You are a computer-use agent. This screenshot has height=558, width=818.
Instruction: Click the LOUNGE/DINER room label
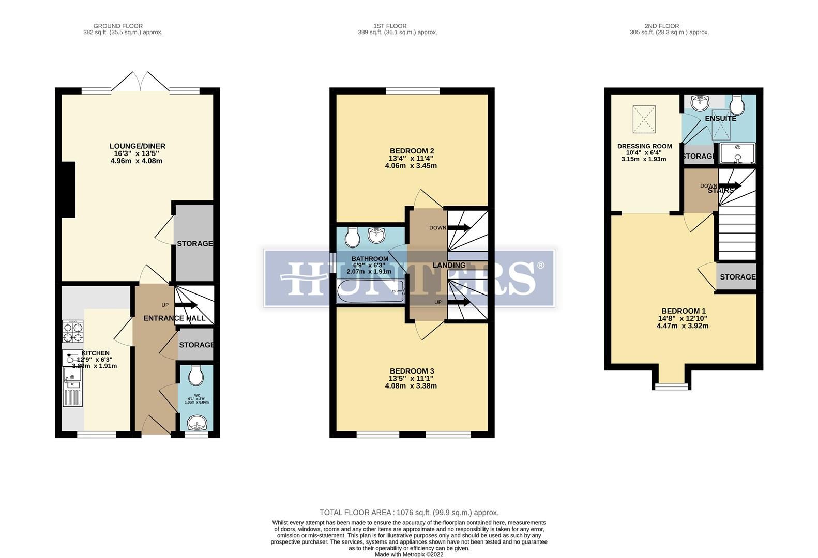pos(137,146)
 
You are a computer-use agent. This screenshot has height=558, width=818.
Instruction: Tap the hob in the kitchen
pos(72,332)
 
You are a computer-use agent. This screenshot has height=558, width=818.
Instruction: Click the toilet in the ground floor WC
pos(196,376)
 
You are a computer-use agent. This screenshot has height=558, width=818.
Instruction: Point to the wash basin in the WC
pos(196,423)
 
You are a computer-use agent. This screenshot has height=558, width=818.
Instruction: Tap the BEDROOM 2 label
pos(411,151)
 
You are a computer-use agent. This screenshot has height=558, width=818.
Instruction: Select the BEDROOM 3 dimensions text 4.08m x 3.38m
pos(411,385)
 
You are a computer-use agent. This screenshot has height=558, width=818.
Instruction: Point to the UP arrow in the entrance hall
pos(186,305)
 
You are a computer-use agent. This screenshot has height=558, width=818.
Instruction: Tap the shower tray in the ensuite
pos(737,153)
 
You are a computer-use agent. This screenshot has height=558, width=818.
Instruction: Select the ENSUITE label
pos(720,119)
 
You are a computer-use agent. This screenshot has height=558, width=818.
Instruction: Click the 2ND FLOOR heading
pos(662,26)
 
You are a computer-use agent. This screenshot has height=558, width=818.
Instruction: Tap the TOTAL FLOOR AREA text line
pos(409,513)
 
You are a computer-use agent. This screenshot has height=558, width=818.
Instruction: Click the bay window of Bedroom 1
pos(672,385)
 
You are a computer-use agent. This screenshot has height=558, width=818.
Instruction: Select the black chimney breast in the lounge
pos(68,189)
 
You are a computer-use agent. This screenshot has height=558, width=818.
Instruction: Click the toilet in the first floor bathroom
pos(353,238)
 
